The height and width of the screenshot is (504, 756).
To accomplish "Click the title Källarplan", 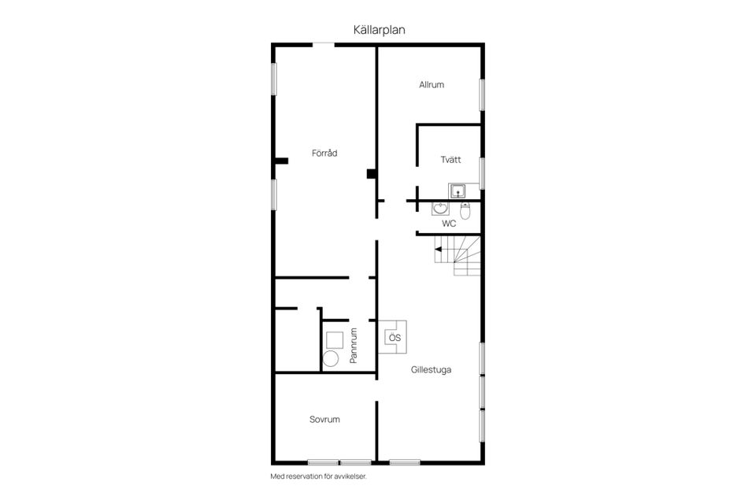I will click(379, 29).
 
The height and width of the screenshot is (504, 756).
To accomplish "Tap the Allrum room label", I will click(432, 84).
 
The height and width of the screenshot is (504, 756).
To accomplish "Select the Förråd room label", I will click(324, 153).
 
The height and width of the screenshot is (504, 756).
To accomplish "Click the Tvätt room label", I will click(450, 160).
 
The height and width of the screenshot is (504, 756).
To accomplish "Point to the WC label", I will click(449, 224).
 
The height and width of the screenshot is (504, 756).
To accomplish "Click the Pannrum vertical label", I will click(354, 345).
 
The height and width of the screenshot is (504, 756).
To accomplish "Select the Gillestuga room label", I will click(431, 369).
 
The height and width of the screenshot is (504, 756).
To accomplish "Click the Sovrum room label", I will click(324, 420).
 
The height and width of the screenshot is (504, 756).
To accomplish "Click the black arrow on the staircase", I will click(438, 250).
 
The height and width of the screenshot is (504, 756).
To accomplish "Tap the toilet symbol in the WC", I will click(465, 210).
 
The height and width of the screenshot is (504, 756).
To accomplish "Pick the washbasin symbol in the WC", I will click(440, 209).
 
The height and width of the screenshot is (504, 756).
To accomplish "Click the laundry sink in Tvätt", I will click(458, 190).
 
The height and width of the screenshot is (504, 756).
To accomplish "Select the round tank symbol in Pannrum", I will click(332, 358).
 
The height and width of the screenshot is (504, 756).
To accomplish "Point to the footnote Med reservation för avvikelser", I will click(318, 476).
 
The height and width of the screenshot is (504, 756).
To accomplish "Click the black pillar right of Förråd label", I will click(371, 174).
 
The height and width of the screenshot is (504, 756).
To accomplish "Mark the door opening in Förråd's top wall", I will click(324, 45).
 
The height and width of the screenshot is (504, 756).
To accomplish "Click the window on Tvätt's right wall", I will click(482, 173).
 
